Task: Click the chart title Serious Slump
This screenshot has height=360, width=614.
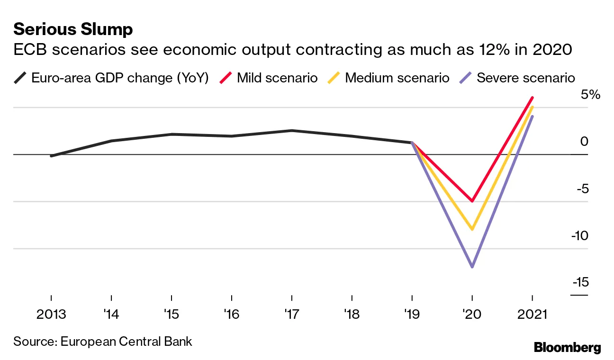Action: coord(73,30)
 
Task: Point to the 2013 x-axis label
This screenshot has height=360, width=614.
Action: coord(51,315)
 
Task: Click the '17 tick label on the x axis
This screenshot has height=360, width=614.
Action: coord(291,315)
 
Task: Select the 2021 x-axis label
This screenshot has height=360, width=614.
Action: coord(532,315)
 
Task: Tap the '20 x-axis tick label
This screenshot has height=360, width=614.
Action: coord(472,315)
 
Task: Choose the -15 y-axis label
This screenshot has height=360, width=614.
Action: coord(580,282)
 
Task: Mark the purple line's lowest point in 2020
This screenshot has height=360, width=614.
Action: coord(472,267)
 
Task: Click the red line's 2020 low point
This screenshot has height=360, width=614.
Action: coord(472,201)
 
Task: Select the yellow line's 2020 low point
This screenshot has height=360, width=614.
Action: coord(472,229)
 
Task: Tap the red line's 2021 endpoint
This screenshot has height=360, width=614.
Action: coord(533,98)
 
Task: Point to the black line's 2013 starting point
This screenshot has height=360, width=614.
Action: coord(51,156)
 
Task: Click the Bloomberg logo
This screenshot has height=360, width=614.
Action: coord(567,347)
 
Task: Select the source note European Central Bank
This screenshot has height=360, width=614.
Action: coord(103,341)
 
